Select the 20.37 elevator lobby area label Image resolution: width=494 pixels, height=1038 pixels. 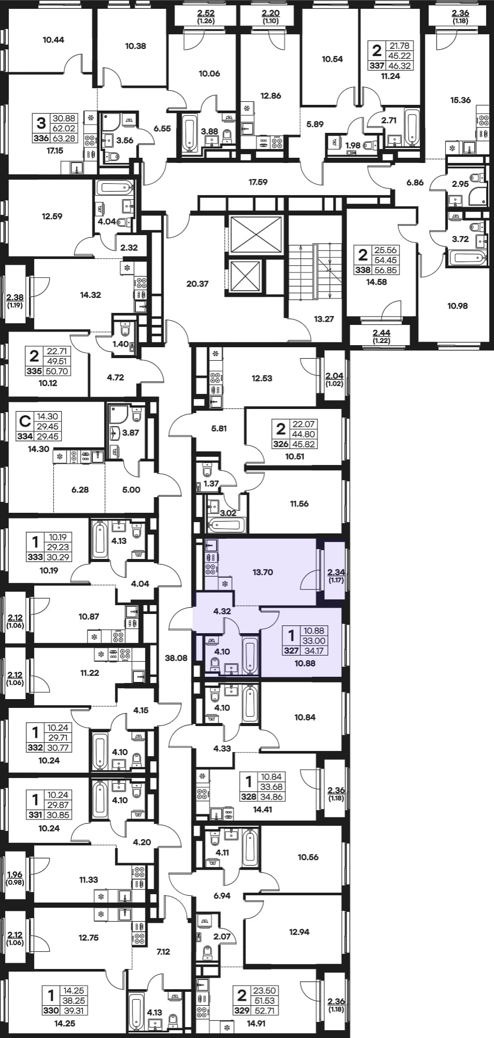(x=197, y=284)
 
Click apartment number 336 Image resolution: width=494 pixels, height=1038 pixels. (x=40, y=138)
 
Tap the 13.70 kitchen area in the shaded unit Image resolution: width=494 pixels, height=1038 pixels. (x=263, y=572)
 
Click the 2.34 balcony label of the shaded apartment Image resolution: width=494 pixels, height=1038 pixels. (x=336, y=572)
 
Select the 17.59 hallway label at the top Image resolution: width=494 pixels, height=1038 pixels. (x=258, y=182)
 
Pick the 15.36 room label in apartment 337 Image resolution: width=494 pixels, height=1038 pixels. (x=460, y=100)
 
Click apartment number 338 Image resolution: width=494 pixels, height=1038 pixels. (x=363, y=270)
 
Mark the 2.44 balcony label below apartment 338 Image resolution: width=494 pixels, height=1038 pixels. (x=382, y=333)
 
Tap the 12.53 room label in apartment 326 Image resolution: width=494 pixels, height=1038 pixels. (x=262, y=378)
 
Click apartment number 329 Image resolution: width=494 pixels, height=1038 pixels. (x=241, y=1010)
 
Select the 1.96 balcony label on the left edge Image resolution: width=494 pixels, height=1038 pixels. (x=16, y=875)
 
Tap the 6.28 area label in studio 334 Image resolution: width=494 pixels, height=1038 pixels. (x=79, y=489)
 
